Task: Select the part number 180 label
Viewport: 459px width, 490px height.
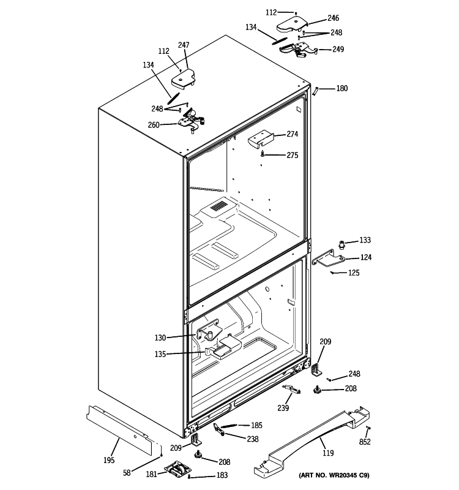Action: pos(341,89)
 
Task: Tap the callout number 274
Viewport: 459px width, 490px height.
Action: pos(292,134)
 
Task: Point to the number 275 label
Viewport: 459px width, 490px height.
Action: pos(292,156)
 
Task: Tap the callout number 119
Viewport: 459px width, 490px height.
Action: pos(328,454)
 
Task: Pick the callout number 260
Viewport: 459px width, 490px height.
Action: pos(154,125)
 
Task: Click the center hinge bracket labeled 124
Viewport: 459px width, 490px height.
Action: pos(327,259)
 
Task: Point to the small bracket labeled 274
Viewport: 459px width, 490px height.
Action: pos(259,140)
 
